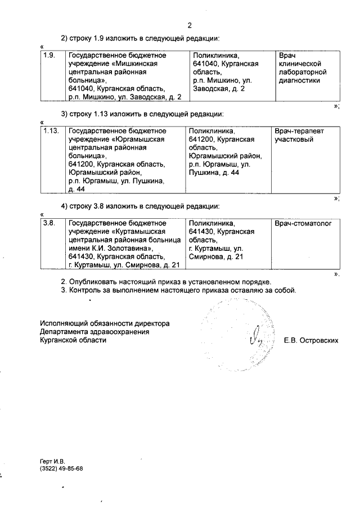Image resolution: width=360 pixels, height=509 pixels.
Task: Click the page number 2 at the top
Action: click(189, 25)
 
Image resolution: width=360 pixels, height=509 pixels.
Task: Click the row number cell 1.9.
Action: click(49, 55)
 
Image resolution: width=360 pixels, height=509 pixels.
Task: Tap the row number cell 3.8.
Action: click(49, 223)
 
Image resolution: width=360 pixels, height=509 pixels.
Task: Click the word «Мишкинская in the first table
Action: click(135, 64)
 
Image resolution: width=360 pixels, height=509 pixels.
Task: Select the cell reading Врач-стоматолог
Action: click(303, 223)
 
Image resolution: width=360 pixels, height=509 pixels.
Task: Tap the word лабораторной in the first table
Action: click(303, 72)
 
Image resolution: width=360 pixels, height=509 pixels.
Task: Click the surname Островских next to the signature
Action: click(318, 340)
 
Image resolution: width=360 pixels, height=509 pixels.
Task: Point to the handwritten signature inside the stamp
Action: click(253, 337)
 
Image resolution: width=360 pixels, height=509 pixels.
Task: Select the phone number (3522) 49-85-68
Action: click(61, 469)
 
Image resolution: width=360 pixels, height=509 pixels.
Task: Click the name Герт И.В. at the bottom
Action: click(53, 461)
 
